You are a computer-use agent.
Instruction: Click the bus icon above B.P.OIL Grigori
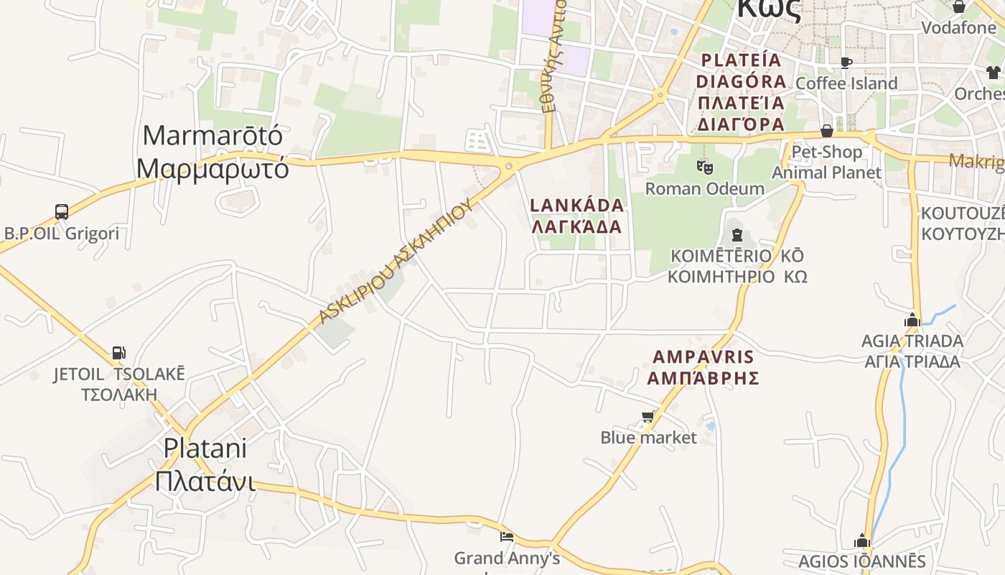tap(62, 212)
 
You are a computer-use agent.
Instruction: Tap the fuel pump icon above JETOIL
tap(118, 353)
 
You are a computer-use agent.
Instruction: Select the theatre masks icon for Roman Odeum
tap(705, 167)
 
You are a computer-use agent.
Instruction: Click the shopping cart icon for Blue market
tap(648, 417)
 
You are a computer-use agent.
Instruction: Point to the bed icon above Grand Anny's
tap(507, 536)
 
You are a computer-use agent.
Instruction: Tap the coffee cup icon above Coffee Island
tap(846, 63)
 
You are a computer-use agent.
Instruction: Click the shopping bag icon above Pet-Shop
tap(827, 131)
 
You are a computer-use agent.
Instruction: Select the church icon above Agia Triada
tap(912, 320)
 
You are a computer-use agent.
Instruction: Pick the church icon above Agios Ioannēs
tap(862, 540)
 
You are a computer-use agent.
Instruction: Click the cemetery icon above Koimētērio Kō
tap(737, 234)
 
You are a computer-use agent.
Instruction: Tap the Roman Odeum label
tap(705, 189)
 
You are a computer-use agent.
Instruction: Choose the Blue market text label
tap(648, 438)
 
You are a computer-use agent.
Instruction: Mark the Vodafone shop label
tap(958, 27)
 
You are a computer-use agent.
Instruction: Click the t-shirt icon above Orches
tap(994, 72)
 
